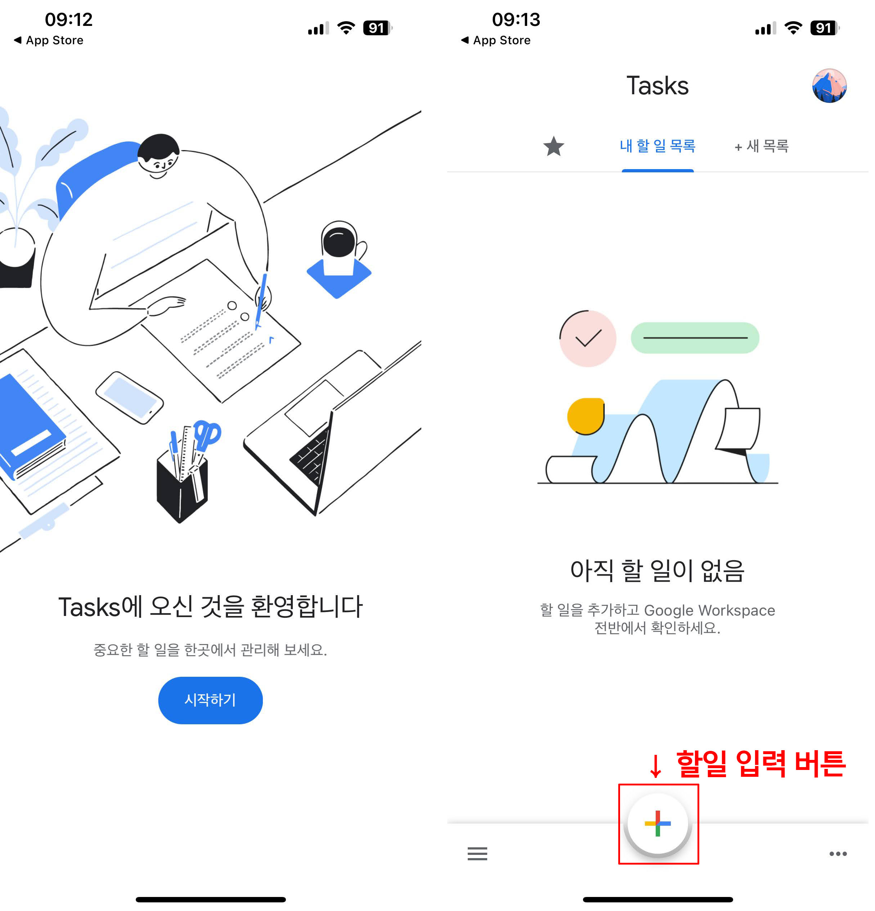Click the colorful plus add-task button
pyautogui.click(x=657, y=823)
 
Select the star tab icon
pyautogui.click(x=553, y=146)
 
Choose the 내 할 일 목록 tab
pyautogui.click(x=657, y=146)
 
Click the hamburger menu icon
pyautogui.click(x=477, y=853)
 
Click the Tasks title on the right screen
pyautogui.click(x=657, y=86)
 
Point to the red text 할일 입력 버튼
pyautogui.click(x=760, y=763)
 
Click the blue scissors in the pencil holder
pyautogui.click(x=207, y=435)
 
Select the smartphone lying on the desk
pyautogui.click(x=129, y=398)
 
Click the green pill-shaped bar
pyautogui.click(x=695, y=338)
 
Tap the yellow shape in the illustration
pyautogui.click(x=585, y=416)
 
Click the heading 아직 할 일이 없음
pyautogui.click(x=657, y=571)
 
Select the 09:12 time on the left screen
pyautogui.click(x=69, y=19)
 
